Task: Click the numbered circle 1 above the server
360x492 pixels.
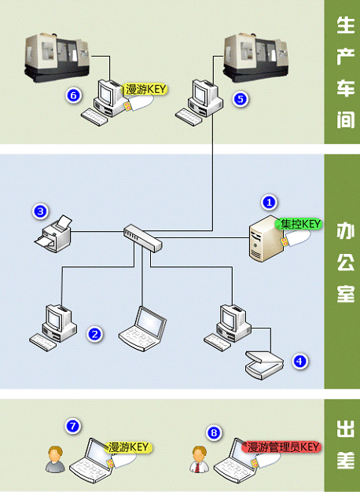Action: pos(269,203)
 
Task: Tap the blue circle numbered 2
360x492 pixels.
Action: pos(95,334)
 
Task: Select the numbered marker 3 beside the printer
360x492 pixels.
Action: pos(41,211)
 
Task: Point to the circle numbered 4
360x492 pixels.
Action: pos(299,362)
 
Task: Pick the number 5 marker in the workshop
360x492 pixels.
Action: pos(241,99)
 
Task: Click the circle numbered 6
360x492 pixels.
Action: pos(74,95)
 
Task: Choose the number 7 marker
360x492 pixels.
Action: pos(73,426)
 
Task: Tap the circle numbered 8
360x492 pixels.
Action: pos(214,433)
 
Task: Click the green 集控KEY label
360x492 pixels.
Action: pos(299,224)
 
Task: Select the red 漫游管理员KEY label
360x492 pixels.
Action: pos(281,447)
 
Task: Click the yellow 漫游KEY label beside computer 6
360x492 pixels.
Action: pos(145,90)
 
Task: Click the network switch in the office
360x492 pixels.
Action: pos(143,237)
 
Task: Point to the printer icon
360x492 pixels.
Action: pos(53,233)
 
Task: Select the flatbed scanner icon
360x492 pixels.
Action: pos(264,365)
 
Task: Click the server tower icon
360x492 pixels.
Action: pos(266,239)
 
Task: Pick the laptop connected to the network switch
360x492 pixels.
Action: pos(142,329)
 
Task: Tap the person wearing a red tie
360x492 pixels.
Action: pos(200,459)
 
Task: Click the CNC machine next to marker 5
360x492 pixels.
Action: pos(255,58)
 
